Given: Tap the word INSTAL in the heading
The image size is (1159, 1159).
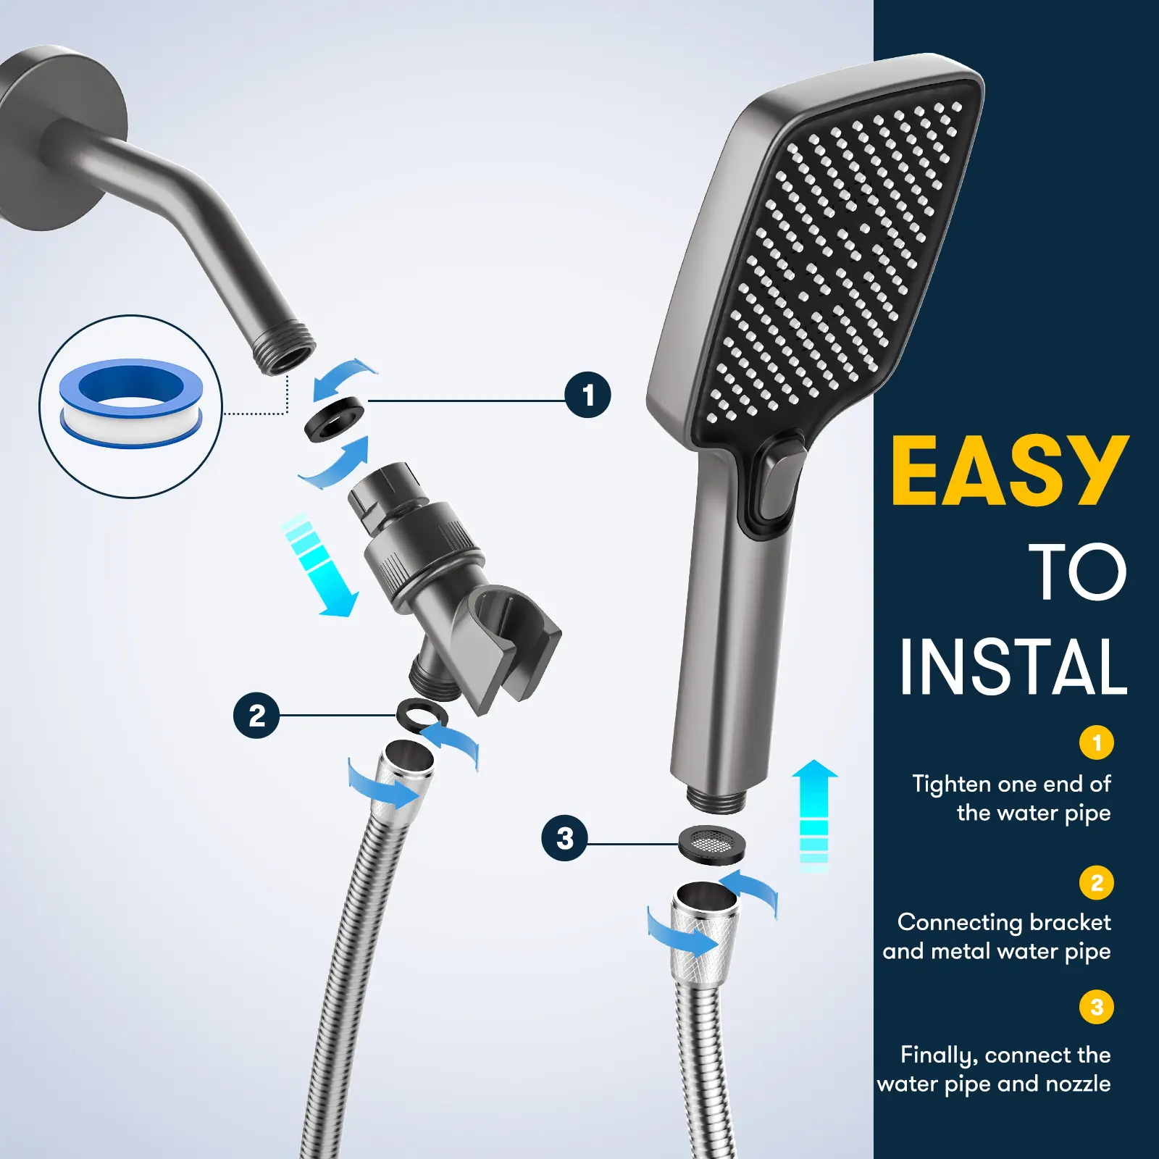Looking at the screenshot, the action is coord(1013,666).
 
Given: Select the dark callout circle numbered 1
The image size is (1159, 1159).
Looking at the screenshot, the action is coord(587,395).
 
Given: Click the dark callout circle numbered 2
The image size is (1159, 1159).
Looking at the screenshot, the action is coord(256,716).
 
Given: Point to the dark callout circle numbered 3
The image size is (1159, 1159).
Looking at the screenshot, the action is coord(565,838).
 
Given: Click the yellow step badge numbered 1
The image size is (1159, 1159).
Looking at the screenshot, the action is coord(1096,742).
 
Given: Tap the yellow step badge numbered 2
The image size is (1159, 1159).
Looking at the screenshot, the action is coord(1096,882).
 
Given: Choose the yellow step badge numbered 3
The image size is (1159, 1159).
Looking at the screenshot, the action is coord(1096,1007).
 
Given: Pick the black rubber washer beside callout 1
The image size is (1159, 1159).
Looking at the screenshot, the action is coord(335,418).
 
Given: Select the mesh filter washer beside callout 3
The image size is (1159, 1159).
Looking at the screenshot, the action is coord(712,845).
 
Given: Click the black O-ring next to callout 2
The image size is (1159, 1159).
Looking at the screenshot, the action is coord(422,715).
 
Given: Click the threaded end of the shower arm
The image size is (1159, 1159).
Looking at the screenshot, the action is coord(287,349).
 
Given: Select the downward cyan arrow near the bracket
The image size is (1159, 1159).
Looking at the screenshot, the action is coord(321,566).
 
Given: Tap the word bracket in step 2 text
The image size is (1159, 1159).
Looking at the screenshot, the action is coord(1069,922).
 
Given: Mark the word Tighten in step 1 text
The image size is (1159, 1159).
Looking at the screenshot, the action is coord(951,784).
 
